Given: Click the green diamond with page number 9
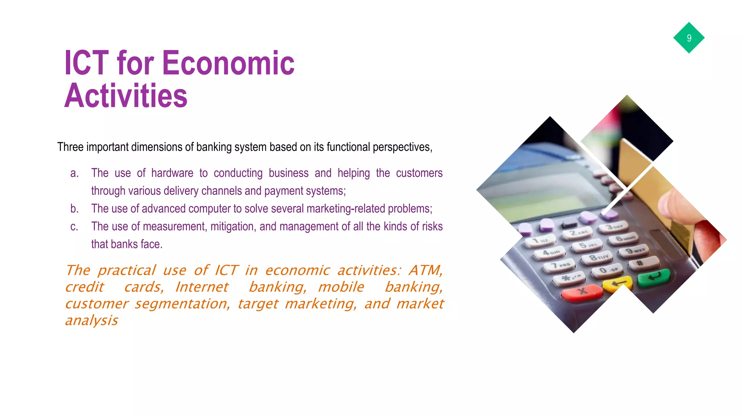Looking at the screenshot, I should (689, 38).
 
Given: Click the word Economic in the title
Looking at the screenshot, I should (228, 63).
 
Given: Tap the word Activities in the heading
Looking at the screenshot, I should (126, 96).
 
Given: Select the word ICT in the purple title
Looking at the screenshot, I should (87, 63).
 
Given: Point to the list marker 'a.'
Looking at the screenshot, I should (74, 173).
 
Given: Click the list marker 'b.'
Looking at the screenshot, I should (74, 209).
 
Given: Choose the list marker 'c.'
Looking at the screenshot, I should (74, 227).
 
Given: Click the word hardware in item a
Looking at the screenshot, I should (172, 173).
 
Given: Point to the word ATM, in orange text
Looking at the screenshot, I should (426, 270).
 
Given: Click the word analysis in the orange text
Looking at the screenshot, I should (92, 320).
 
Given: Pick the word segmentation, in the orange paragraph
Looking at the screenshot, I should (182, 304).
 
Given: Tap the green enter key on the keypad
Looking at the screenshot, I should (654, 278).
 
